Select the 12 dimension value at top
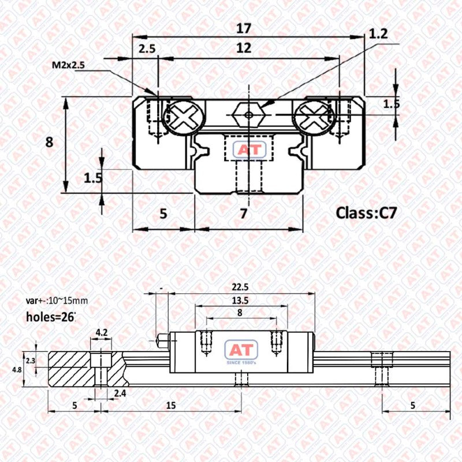pyautogui.click(x=244, y=48)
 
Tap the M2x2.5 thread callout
pyautogui.click(x=68, y=66)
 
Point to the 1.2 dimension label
pyautogui.click(x=378, y=34)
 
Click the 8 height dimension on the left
pyautogui.click(x=49, y=141)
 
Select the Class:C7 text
pyautogui.click(x=366, y=213)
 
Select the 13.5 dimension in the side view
pyautogui.click(x=240, y=300)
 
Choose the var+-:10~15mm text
pyautogui.click(x=57, y=301)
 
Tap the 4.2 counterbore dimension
pyautogui.click(x=102, y=332)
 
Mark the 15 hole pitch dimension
pyautogui.click(x=171, y=405)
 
